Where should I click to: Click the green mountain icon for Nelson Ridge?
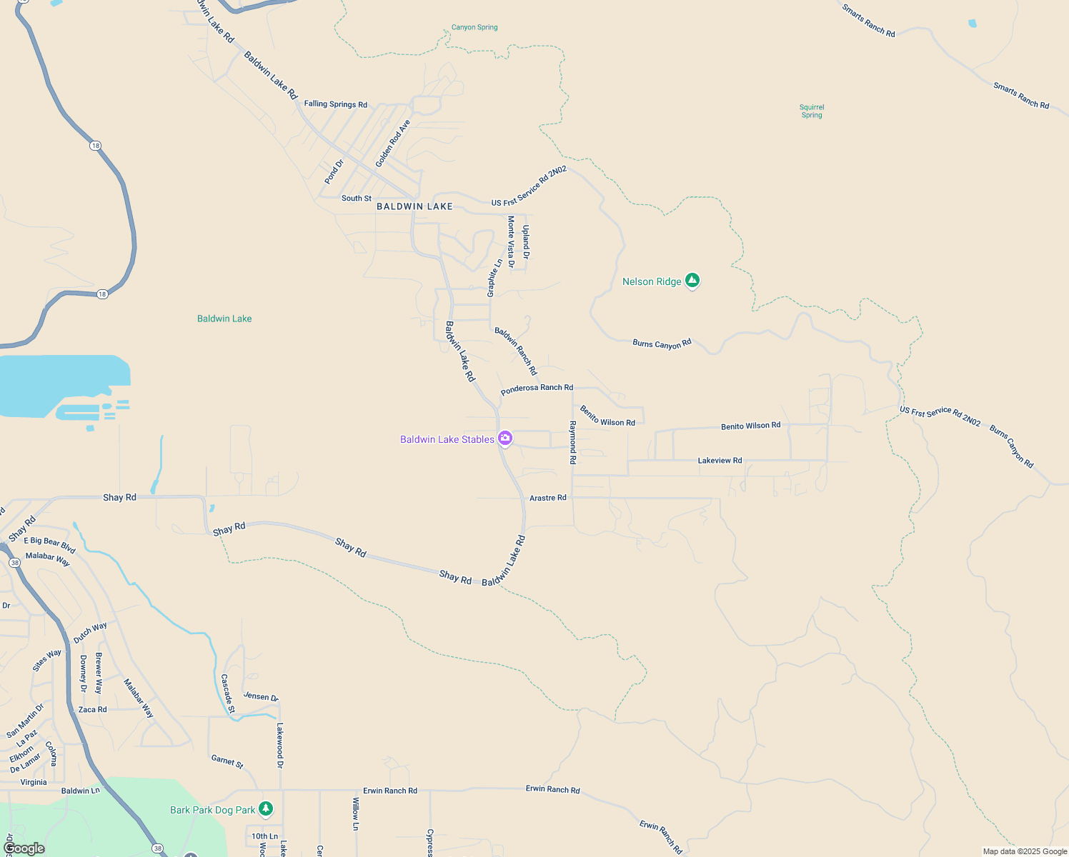tap(692, 281)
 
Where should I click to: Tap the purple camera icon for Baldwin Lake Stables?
tap(505, 438)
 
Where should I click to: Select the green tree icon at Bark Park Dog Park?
tap(266, 808)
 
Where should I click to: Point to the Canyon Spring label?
tap(474, 27)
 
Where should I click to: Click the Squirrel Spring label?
tap(812, 111)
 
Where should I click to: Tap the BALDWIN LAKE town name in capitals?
tap(414, 206)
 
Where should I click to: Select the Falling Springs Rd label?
tap(335, 104)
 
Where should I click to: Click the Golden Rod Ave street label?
tap(393, 144)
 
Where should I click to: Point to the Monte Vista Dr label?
tap(511, 241)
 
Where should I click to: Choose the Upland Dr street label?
tap(526, 242)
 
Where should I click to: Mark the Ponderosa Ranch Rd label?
tap(537, 389)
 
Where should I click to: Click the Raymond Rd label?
tap(572, 443)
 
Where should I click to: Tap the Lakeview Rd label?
tap(720, 461)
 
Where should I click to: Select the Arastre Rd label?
tap(547, 498)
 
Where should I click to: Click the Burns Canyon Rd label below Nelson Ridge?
tap(662, 344)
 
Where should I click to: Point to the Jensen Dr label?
tap(261, 696)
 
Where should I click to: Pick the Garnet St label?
tap(227, 761)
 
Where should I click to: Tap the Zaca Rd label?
tap(92, 709)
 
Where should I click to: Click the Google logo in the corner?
tap(24, 848)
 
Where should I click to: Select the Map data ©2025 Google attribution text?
tap(1025, 851)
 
